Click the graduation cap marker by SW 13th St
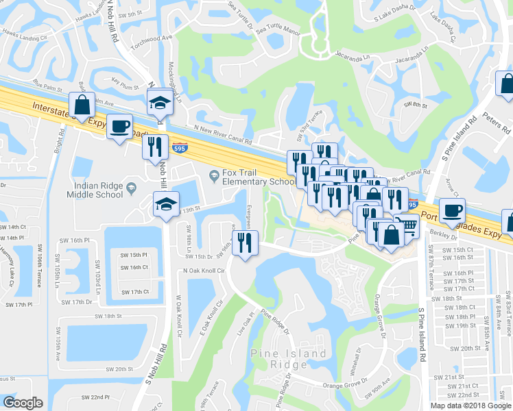pos(165,204)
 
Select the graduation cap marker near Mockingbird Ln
pos(160,102)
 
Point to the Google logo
pos(23,403)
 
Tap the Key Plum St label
pos(126,87)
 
